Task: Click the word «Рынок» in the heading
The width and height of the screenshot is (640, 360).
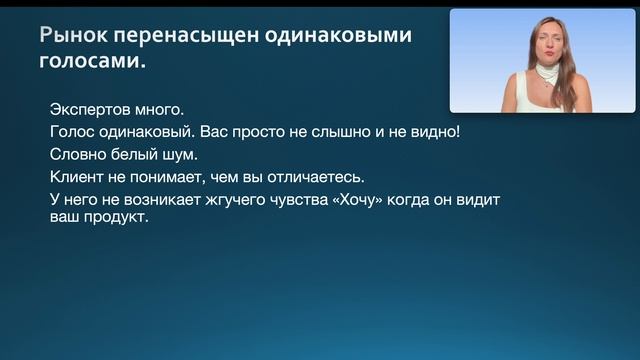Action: pos(73,37)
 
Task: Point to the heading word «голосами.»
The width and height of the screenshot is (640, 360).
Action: pos(92,62)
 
